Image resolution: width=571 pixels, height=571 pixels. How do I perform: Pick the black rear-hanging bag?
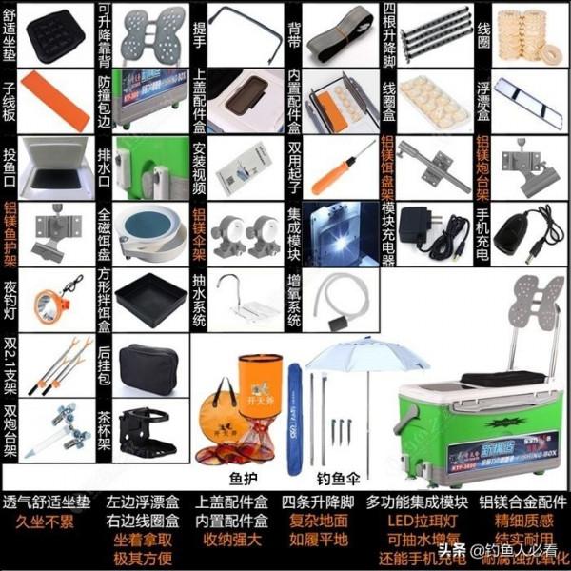(149, 360)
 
